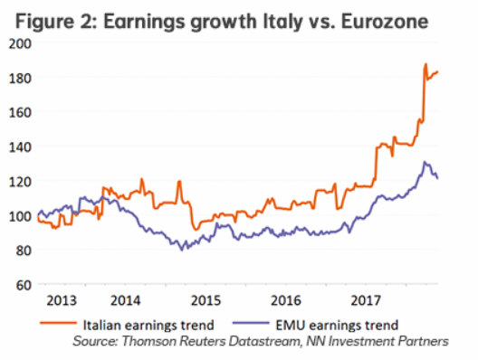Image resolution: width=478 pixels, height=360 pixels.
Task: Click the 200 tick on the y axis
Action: point(19,43)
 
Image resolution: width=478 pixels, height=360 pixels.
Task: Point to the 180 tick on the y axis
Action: point(19,78)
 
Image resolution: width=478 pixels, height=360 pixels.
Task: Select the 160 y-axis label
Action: point(19,112)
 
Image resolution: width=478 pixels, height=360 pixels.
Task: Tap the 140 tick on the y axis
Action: point(19,147)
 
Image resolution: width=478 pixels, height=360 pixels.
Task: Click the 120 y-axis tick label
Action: point(19,181)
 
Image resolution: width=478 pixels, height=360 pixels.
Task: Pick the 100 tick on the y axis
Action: point(19,215)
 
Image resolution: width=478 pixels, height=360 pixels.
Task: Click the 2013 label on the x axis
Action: point(60,300)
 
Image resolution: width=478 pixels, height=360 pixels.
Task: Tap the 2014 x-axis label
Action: point(128,300)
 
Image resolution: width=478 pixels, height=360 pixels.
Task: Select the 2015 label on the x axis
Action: point(207,300)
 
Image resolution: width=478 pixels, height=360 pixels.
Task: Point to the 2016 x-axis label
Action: point(287,300)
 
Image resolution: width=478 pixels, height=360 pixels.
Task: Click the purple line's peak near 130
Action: point(425,163)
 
